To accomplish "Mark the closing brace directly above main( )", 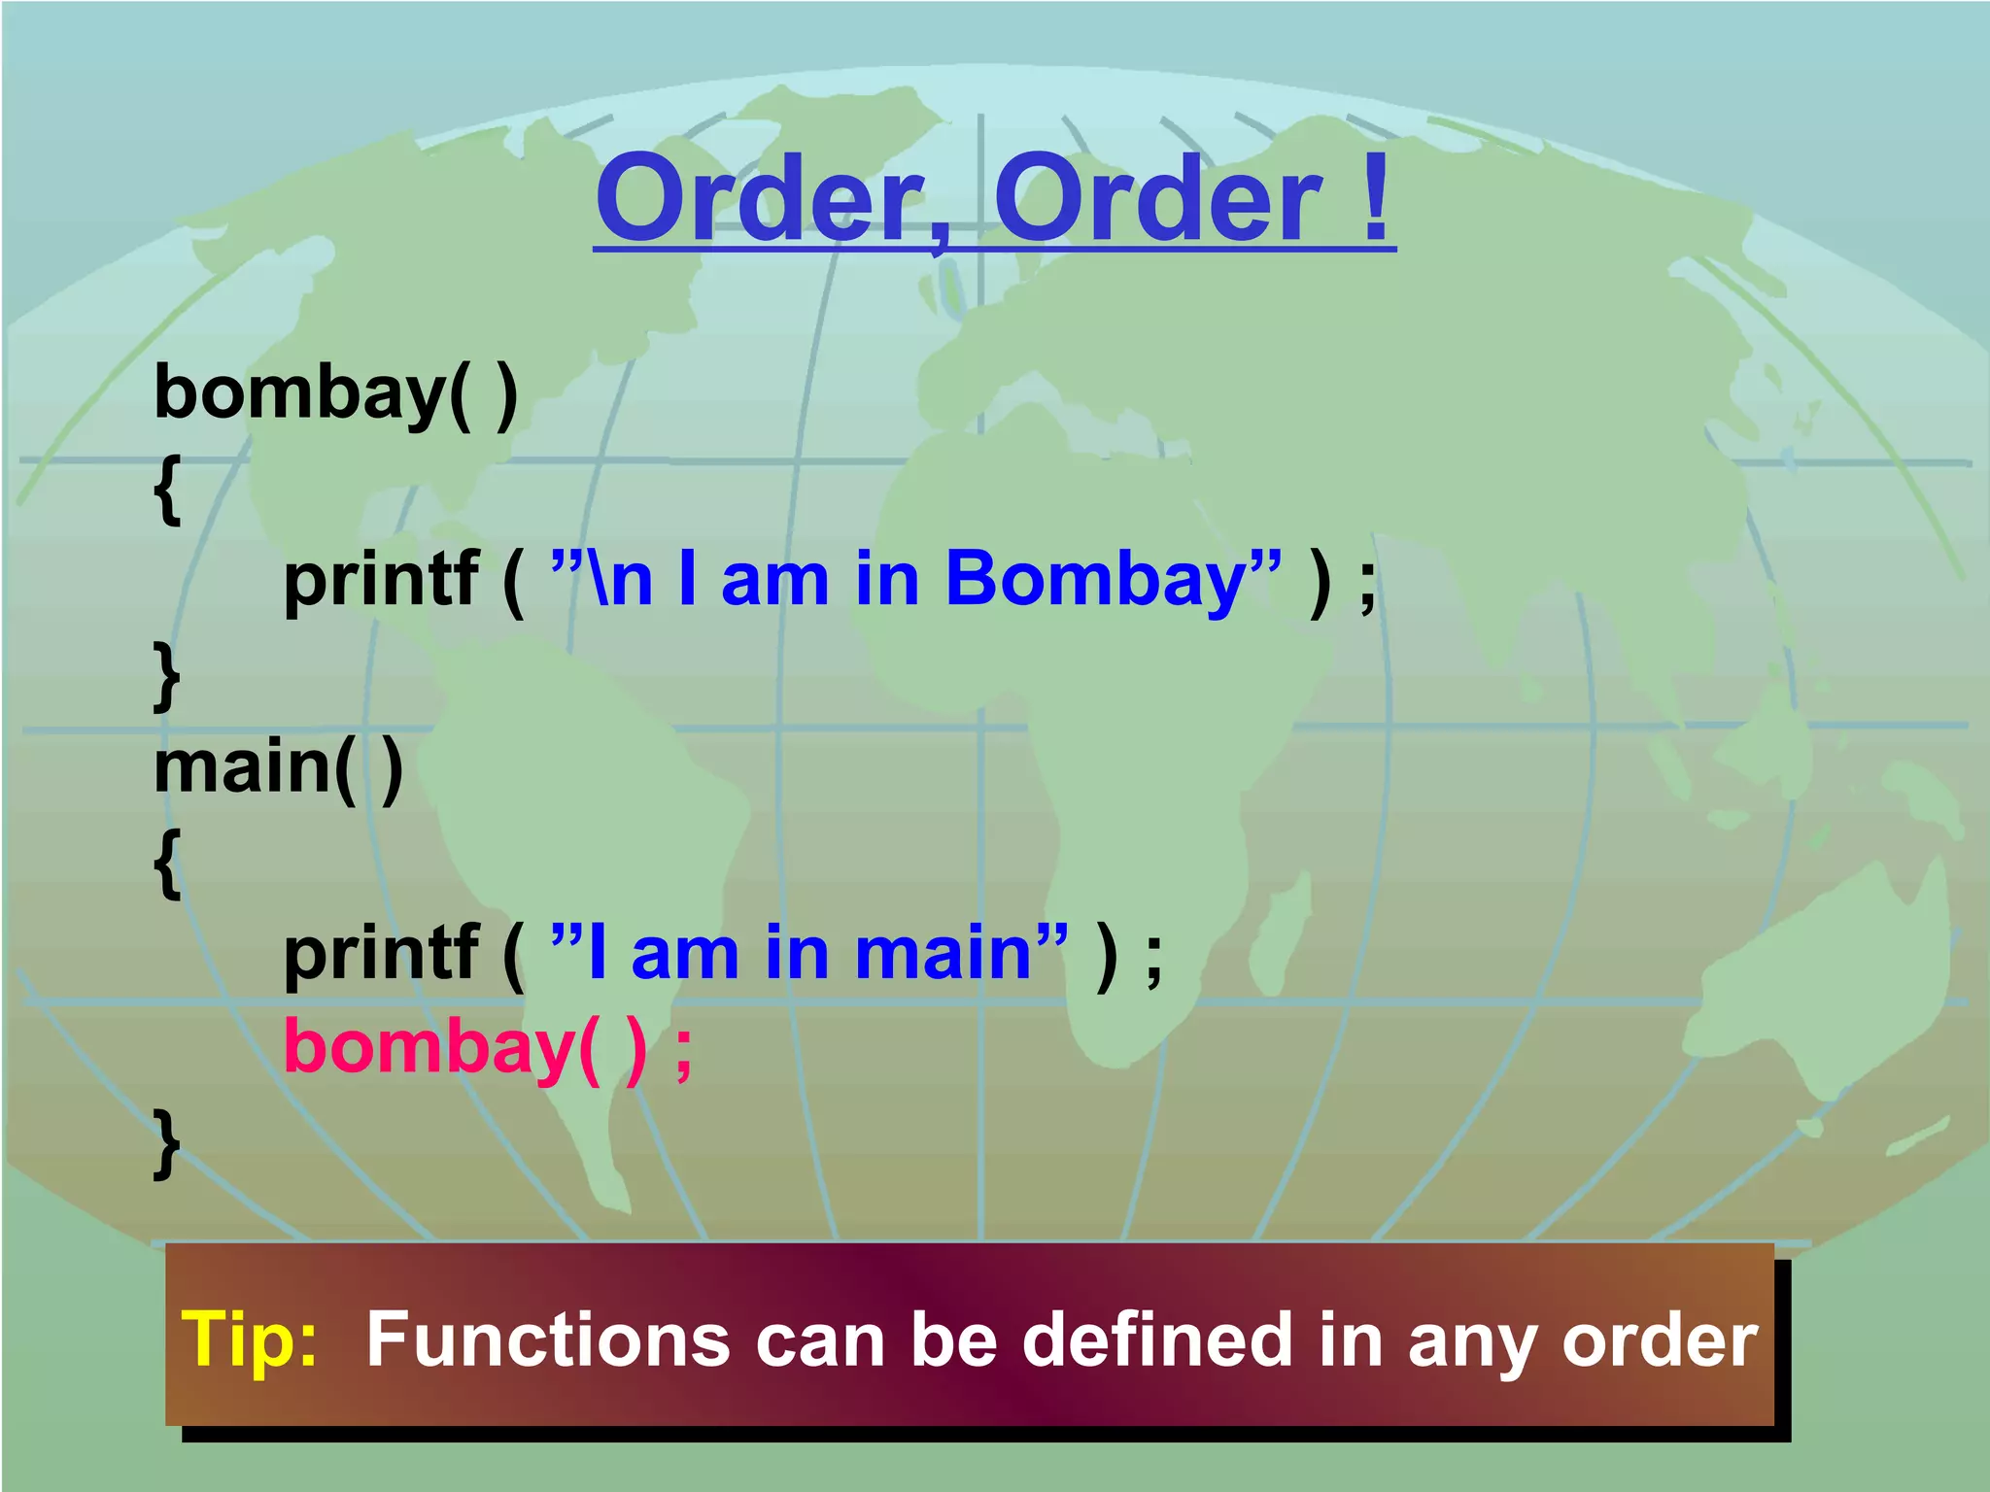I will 168,676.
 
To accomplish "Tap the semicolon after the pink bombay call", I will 684,1053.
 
